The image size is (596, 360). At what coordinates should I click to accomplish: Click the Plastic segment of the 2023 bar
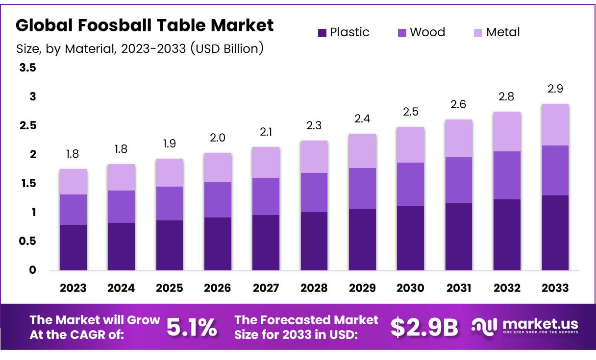pos(73,247)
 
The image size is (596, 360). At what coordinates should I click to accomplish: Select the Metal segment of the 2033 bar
pos(555,124)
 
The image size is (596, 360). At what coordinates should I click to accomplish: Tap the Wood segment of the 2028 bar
pos(314,192)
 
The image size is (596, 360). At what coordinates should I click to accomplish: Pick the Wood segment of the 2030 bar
pos(410,184)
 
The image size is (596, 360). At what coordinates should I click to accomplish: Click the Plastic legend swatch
pos(322,33)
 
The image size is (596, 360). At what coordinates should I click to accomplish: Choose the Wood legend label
pos(427,32)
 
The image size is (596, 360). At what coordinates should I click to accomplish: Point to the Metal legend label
pos(503,32)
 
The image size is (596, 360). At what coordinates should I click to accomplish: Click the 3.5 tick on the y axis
pos(27,68)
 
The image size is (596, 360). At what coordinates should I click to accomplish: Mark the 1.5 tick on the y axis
pos(27,184)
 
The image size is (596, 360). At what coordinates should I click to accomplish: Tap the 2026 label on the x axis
pos(218,288)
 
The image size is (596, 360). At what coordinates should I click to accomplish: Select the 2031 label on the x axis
pos(459,288)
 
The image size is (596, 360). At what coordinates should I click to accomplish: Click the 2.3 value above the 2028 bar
pos(314,125)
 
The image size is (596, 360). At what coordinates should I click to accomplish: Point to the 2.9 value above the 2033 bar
pos(555,89)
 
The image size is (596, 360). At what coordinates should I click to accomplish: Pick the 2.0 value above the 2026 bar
pos(218,138)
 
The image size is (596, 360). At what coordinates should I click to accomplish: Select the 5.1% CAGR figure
pos(192,327)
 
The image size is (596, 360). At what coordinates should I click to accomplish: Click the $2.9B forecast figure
pos(424,327)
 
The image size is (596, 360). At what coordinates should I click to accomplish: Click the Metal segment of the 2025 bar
pos(169,172)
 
